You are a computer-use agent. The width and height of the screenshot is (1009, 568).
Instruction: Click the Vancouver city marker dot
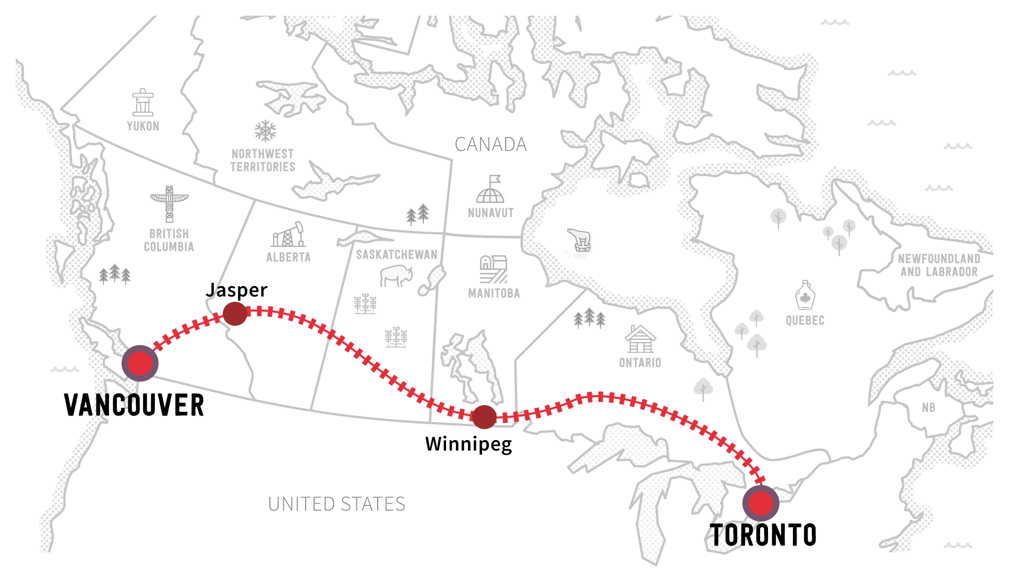tap(140, 363)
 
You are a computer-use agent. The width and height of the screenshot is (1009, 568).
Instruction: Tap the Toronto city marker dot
tap(761, 503)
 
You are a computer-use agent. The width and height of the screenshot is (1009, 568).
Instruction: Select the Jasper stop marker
tap(235, 314)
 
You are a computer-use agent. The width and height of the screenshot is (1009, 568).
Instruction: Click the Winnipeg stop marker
tap(484, 417)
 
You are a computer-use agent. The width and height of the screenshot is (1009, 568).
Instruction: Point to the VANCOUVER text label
tap(134, 405)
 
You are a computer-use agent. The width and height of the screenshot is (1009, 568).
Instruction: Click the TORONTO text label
tap(763, 535)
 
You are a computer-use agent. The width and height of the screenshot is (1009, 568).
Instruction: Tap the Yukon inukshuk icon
tap(142, 102)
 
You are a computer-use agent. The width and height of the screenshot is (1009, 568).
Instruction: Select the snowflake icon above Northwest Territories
tap(265, 131)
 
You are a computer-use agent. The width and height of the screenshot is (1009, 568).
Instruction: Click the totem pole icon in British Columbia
tap(169, 204)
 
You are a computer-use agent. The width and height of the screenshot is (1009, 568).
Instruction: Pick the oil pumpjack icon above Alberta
tap(288, 235)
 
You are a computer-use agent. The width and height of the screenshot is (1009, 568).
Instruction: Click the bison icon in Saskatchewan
tap(396, 276)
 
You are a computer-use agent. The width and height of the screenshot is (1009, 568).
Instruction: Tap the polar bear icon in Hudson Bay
tap(579, 240)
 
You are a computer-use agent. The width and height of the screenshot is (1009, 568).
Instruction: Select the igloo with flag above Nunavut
tap(490, 190)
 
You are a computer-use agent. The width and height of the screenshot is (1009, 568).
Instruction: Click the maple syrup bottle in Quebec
tap(805, 295)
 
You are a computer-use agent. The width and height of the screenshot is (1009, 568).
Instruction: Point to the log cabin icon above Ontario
tap(640, 339)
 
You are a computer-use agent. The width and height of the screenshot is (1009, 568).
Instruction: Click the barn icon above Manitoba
tap(493, 269)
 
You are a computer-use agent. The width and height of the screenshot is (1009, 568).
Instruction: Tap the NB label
tap(928, 408)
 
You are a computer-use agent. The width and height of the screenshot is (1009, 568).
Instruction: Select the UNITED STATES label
tap(337, 504)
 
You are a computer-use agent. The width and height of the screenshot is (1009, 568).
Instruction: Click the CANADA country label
tap(490, 145)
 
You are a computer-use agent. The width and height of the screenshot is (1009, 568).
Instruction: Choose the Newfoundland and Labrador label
tap(939, 265)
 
